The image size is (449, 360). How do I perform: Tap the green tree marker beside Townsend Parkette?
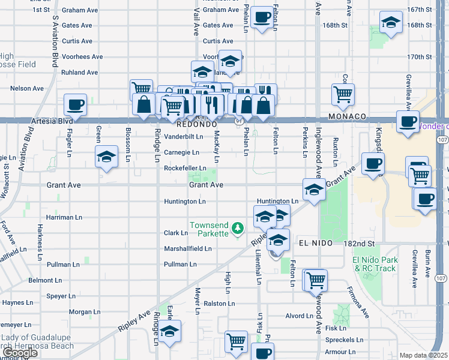(238, 228)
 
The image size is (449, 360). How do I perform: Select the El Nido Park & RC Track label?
(375, 264)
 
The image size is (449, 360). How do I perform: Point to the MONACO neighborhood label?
(347, 116)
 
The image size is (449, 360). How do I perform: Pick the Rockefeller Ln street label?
(185, 169)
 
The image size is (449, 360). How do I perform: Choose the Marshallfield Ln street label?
(188, 248)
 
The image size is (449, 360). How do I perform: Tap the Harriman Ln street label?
(62, 217)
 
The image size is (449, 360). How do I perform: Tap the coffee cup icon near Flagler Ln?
(76, 104)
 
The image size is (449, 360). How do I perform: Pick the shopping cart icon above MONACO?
(343, 93)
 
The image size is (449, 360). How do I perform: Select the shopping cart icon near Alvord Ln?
(315, 279)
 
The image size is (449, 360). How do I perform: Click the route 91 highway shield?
(238, 121)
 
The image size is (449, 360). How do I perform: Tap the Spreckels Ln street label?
(343, 340)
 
